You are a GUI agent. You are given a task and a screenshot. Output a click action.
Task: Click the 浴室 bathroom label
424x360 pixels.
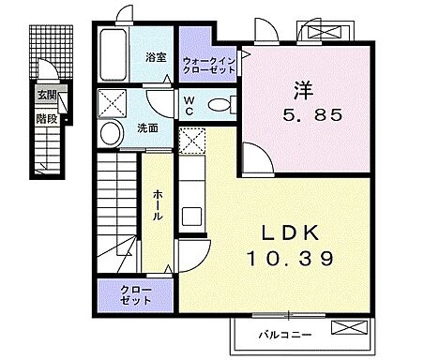156,57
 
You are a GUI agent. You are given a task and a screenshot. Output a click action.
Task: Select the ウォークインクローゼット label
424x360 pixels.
209,63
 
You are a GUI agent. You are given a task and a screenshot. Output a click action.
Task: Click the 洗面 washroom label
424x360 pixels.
146,128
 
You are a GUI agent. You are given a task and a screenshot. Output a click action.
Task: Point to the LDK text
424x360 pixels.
288,232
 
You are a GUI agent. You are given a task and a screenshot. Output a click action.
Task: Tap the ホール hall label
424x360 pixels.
157,203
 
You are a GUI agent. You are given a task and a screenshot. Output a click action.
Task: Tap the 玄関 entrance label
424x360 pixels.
46,95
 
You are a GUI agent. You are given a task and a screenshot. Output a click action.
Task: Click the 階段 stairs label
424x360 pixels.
46,119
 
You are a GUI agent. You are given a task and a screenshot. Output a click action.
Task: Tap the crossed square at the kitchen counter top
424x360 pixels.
192,142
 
